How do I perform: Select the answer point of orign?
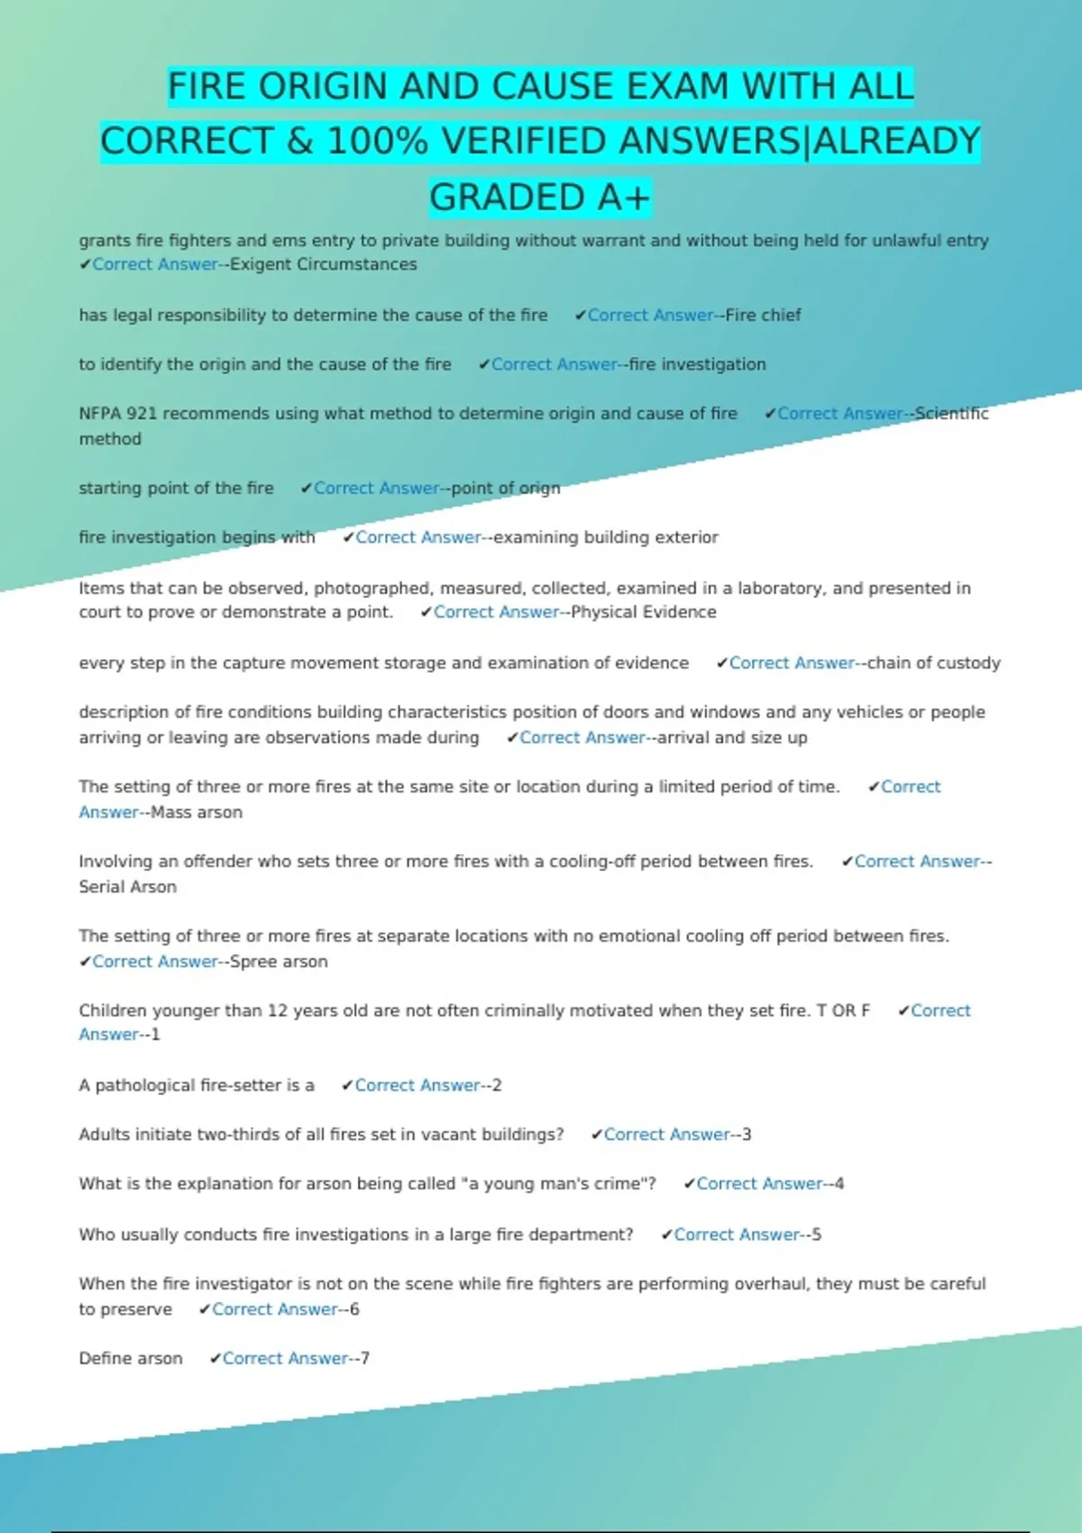coord(505,488)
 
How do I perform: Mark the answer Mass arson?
coord(197,812)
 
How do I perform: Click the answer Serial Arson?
coord(128,887)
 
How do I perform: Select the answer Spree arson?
coord(279,962)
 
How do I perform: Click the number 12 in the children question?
coord(277,1011)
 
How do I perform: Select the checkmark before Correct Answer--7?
coord(215,1359)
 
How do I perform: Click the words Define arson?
coord(131,1359)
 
